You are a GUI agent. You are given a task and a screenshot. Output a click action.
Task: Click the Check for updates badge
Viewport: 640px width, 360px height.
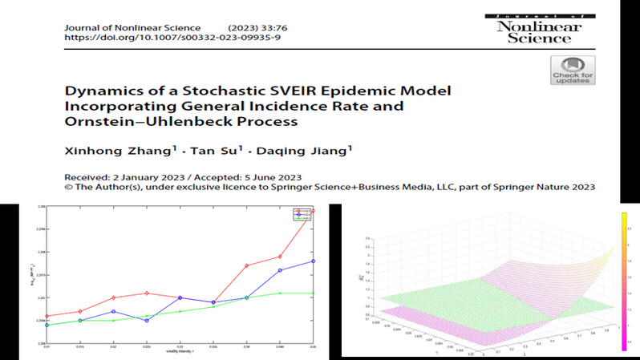click(x=572, y=71)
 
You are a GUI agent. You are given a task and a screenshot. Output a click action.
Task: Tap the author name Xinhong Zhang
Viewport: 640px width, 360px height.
click(x=107, y=154)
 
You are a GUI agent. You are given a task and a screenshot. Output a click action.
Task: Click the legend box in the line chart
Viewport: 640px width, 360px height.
click(x=303, y=214)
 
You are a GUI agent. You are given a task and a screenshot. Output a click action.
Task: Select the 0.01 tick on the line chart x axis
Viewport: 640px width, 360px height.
click(x=48, y=345)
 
